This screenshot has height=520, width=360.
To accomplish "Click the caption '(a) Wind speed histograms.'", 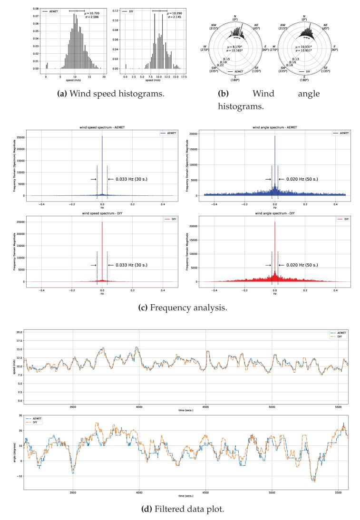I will click(110, 94).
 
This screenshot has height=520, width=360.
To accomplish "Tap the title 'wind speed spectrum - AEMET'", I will click(102, 127).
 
